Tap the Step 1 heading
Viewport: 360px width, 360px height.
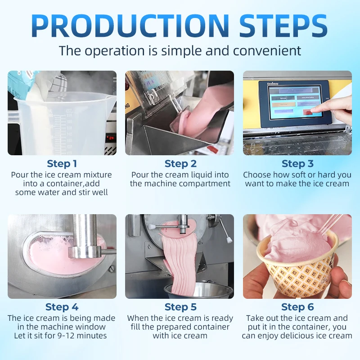[x=62, y=164]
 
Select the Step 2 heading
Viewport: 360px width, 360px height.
[x=180, y=164]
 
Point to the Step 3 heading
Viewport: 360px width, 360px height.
[x=297, y=164]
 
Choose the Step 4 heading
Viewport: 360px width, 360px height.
[x=62, y=307]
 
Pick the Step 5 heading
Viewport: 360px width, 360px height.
[x=180, y=307]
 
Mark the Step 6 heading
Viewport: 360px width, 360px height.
[x=297, y=307]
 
